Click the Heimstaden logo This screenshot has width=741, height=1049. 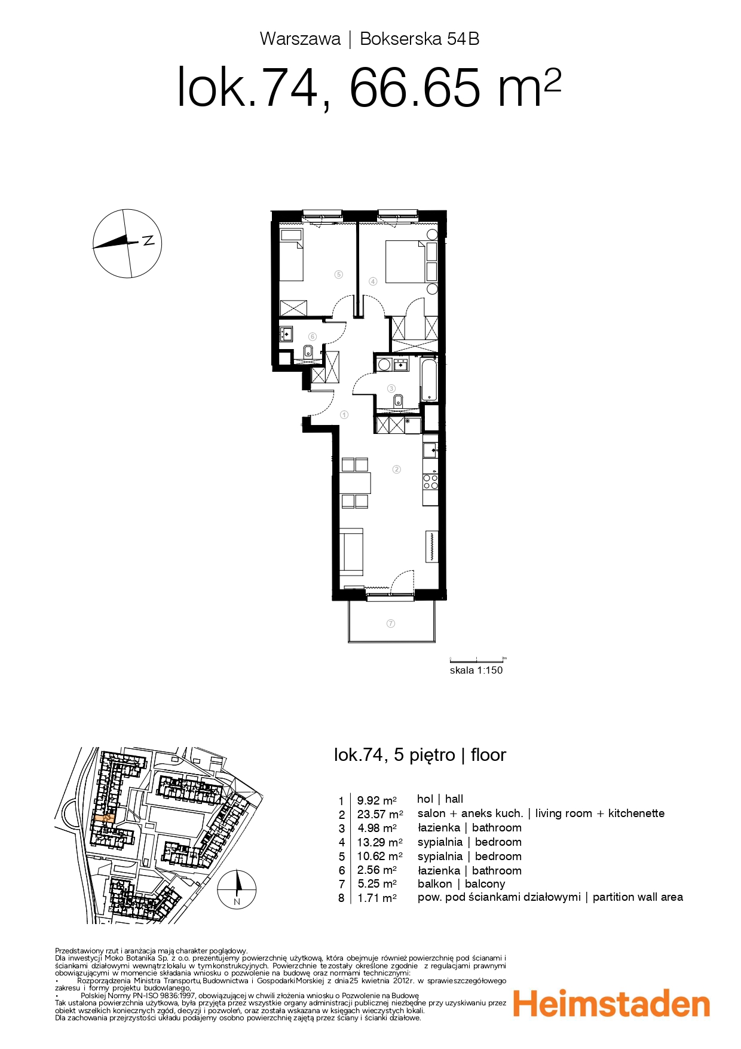[611, 1005]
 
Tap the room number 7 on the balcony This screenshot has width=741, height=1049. [391, 623]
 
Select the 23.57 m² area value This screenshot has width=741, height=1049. [379, 814]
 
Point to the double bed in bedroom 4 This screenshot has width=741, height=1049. [406, 261]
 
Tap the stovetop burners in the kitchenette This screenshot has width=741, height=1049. [430, 481]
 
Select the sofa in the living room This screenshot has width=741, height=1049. [351, 551]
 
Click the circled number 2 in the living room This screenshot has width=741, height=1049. [396, 469]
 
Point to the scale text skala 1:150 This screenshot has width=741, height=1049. [476, 670]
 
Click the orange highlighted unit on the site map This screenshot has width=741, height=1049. [103, 818]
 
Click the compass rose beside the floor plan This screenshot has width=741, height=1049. [127, 243]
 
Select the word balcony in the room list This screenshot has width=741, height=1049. [485, 884]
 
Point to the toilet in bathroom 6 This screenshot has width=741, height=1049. [309, 352]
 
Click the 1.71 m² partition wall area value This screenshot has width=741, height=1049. [376, 898]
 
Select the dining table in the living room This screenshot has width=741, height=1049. [355, 482]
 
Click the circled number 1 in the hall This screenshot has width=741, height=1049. [344, 414]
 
